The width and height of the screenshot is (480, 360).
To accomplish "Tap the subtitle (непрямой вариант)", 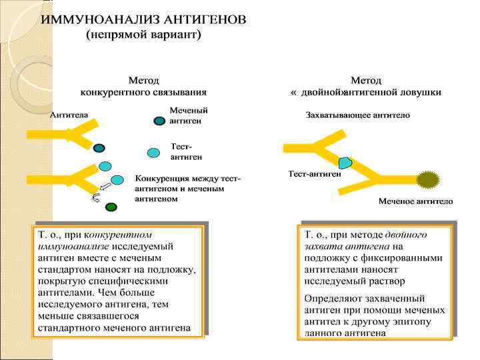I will click(144, 33).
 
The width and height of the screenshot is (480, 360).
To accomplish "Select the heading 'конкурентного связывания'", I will click(143, 92).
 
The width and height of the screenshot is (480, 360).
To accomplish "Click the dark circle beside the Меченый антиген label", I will click(159, 121).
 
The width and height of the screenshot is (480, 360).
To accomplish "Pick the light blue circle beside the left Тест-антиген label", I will click(153, 153).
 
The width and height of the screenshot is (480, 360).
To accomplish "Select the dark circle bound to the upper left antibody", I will click(99, 148).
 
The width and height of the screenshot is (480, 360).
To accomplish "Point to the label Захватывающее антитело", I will click(357, 115).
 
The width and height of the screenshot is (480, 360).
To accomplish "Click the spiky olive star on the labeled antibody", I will click(428, 179).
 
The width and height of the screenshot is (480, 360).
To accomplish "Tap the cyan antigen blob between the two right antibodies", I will click(345, 162).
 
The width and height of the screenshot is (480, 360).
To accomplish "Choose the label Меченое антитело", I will click(415, 201).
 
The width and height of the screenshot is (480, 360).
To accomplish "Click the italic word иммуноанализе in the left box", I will click(73, 246).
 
